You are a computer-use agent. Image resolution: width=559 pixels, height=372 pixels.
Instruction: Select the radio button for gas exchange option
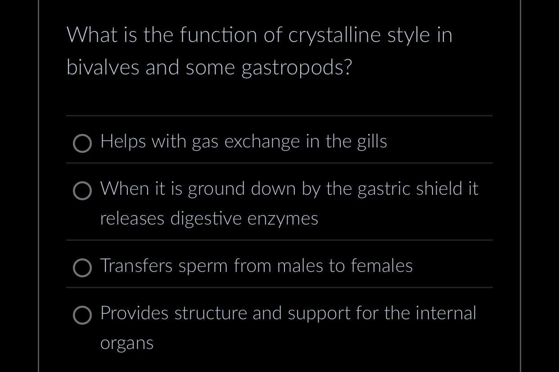82,144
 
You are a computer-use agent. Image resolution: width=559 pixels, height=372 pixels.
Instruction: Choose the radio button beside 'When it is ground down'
82,191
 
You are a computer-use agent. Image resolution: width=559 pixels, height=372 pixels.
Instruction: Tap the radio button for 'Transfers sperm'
82,268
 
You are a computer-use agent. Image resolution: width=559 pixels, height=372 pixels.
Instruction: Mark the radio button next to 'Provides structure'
82,315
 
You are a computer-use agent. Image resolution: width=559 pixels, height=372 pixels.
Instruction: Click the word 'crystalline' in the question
334,36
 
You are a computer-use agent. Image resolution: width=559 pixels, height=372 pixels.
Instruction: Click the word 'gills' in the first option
372,142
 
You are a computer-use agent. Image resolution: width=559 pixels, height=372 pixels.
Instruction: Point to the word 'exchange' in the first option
262,142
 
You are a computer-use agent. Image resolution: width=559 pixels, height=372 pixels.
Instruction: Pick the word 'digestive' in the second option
206,219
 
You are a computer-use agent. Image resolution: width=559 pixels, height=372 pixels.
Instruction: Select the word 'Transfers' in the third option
136,266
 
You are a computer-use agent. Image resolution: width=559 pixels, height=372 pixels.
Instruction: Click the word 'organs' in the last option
127,344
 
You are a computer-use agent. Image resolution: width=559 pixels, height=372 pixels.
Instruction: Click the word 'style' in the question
408,36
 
